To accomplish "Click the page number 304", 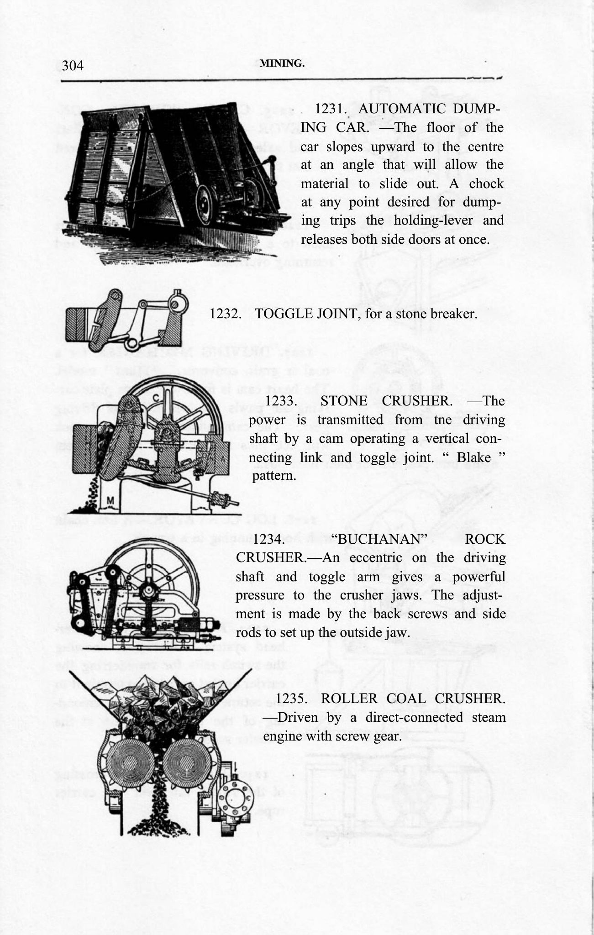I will [x=73, y=66].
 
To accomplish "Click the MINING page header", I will [x=282, y=64].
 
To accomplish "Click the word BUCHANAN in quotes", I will [x=382, y=539].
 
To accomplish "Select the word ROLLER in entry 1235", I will [x=347, y=699].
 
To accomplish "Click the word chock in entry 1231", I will [x=486, y=184].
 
